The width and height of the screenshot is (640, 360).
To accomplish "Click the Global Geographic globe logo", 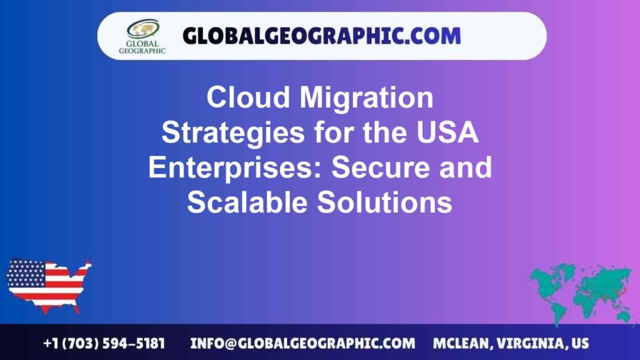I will [142, 29].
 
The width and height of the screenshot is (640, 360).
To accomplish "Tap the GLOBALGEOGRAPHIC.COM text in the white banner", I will [321, 35].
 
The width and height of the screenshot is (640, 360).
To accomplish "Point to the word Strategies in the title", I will [219, 133].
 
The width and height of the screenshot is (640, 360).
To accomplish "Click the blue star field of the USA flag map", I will [26, 273].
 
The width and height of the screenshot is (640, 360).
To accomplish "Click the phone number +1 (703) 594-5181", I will [104, 343].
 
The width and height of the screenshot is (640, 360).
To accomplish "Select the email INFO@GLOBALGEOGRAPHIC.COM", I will [302, 343].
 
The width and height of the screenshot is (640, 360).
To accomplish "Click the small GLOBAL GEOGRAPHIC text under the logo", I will [142, 47].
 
